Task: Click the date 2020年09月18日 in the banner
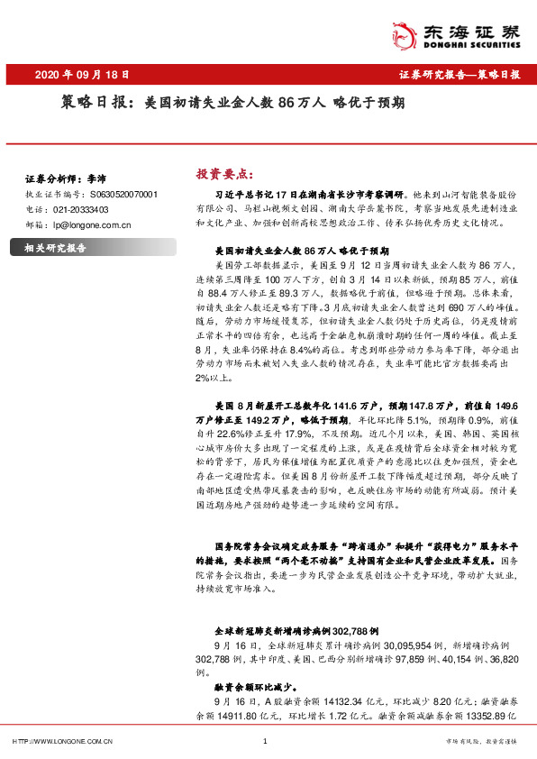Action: (80, 74)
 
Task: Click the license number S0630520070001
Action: (123, 194)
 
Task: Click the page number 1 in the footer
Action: (266, 741)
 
